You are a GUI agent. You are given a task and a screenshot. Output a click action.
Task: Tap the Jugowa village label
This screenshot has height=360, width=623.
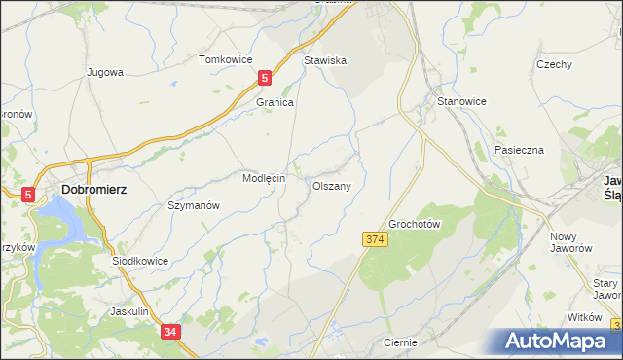104,72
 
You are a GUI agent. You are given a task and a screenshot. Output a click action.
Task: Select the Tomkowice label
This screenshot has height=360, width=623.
225,59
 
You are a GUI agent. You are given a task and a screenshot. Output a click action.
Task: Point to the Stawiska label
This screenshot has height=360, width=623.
325,59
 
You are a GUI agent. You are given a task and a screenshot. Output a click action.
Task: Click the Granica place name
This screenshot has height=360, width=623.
275,101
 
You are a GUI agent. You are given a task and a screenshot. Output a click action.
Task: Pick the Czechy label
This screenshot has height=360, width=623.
553,64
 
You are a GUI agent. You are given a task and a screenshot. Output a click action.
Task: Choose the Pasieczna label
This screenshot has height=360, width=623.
519,150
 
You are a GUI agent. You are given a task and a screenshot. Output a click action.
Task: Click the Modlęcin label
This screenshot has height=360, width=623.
263,179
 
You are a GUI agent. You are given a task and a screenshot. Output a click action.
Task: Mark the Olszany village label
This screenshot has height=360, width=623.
338,184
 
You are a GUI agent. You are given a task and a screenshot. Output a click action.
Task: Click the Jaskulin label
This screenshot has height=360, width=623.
129,311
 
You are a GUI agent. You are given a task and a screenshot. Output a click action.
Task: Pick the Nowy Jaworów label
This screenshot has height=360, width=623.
571,242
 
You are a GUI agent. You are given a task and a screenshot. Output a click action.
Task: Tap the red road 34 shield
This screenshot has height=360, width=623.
170,333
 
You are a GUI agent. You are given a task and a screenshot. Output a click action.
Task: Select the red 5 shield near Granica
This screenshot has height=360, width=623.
265,78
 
